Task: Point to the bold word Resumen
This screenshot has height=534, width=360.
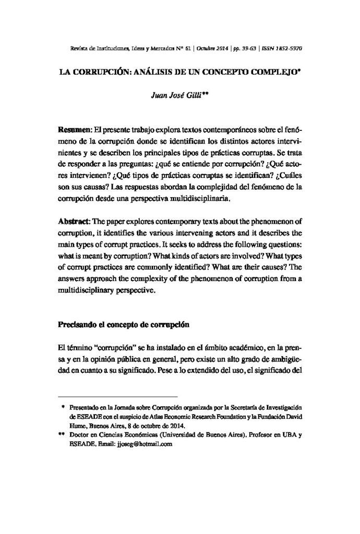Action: tap(75, 129)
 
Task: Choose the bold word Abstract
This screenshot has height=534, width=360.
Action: tap(75, 222)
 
